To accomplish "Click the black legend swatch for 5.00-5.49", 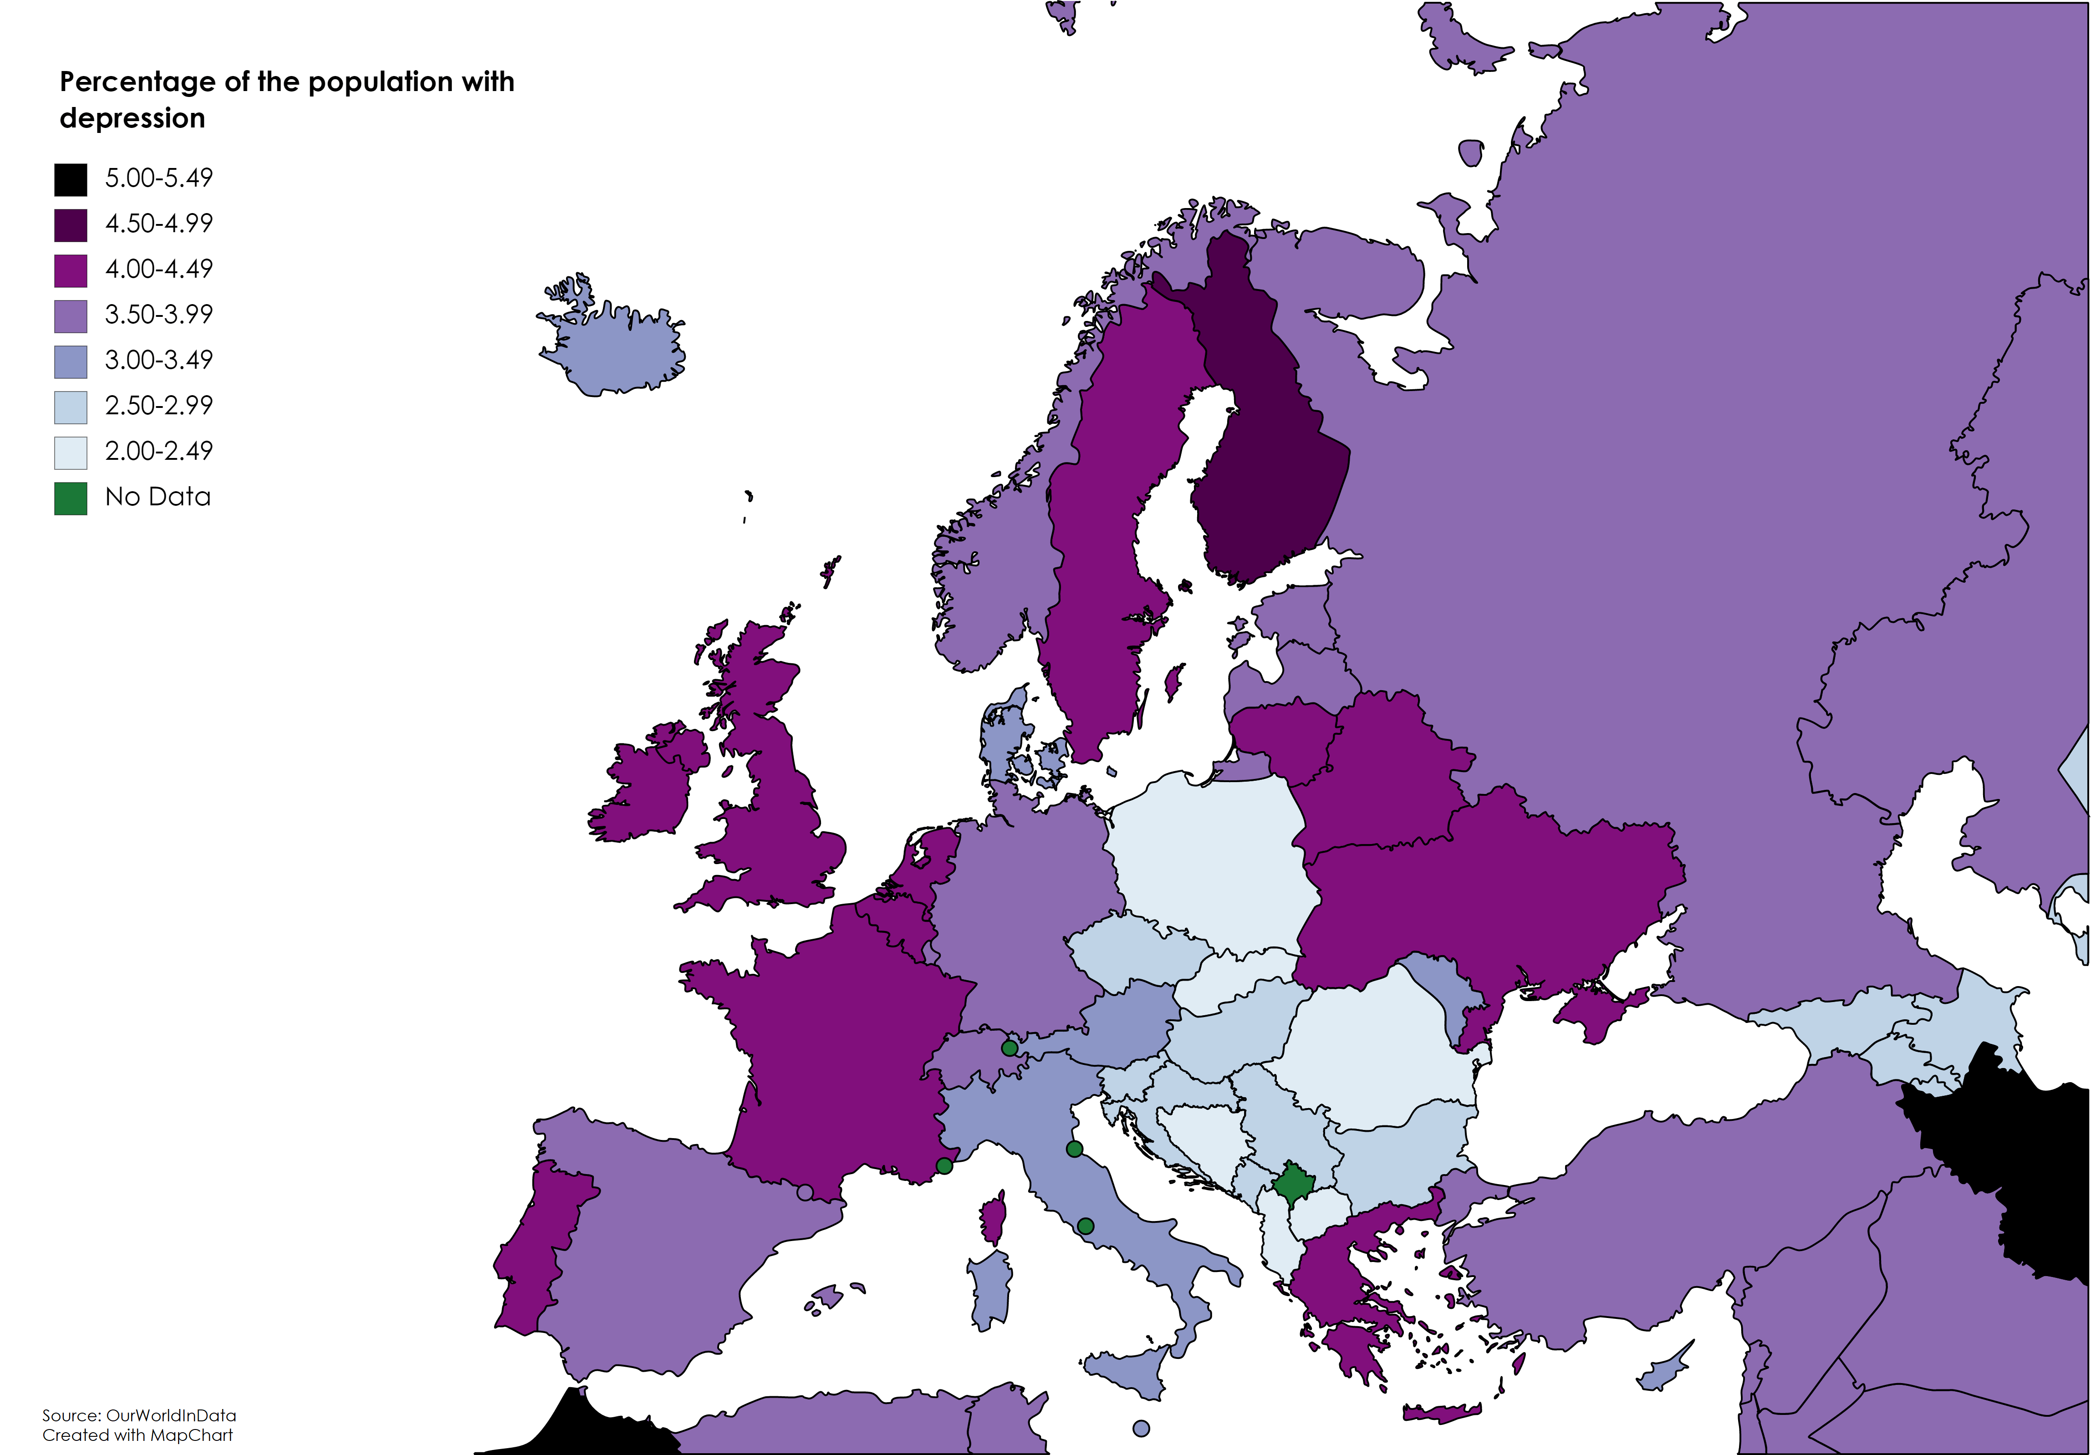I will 70,179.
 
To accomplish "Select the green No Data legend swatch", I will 70,498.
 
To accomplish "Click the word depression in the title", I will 132,118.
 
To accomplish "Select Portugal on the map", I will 537,1247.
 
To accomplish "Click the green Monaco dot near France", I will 944,1165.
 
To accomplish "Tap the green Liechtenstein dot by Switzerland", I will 1009,1048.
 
